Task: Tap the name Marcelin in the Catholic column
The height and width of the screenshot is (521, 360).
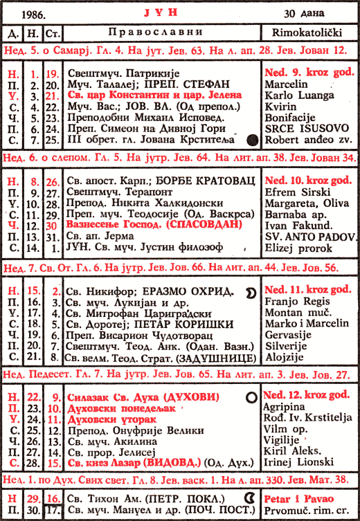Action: click(x=287, y=84)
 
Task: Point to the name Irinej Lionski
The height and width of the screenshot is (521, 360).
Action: click(x=294, y=462)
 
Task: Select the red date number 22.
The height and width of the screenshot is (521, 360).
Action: click(x=33, y=397)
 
